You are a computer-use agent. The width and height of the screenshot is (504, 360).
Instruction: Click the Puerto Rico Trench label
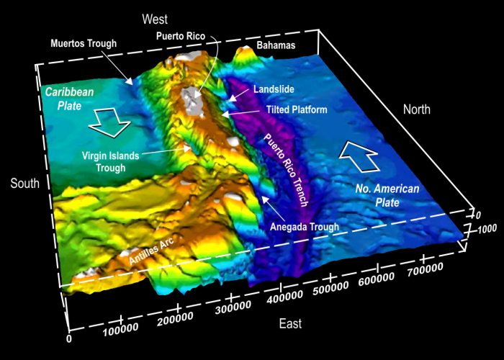click(x=287, y=170)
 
